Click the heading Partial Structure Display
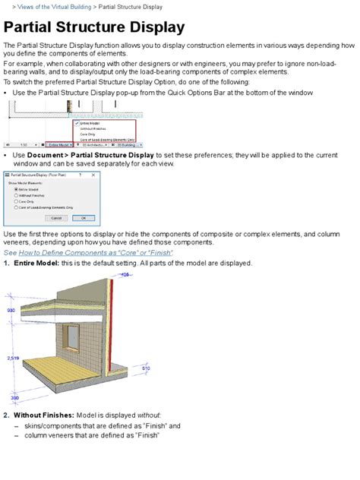coord(94,28)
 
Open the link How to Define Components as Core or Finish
coord(88,252)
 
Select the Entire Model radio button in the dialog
coord(17,189)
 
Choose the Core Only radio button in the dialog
coord(17,201)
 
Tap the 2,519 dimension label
coord(12,356)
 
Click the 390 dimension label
coord(14,398)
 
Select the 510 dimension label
coord(146,368)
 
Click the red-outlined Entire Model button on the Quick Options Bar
coord(60,144)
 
